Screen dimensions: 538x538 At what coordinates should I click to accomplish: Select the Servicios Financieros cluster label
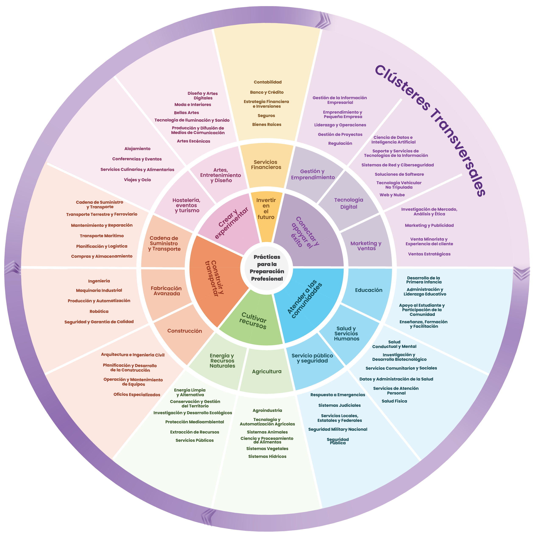click(266, 164)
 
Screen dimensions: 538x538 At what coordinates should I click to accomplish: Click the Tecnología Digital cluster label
click(349, 203)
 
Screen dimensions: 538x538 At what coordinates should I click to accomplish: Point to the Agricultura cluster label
click(266, 371)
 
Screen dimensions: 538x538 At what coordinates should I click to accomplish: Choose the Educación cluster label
click(368, 290)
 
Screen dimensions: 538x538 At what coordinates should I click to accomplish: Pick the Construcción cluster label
click(185, 331)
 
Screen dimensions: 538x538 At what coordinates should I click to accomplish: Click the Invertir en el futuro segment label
click(266, 208)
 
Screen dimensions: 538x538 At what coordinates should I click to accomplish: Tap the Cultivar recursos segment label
click(253, 321)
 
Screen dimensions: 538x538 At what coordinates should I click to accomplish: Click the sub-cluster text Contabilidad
click(268, 82)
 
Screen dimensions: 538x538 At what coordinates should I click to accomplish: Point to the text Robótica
click(99, 311)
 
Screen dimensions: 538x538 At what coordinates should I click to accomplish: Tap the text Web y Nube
click(392, 195)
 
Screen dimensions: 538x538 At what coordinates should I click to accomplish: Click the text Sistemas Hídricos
click(267, 456)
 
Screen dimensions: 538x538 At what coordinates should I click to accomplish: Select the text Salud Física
click(394, 401)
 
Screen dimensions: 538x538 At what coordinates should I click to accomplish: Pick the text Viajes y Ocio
click(137, 180)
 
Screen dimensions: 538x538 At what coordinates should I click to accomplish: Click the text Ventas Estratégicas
click(429, 254)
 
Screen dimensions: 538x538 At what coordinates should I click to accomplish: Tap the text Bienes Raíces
click(266, 124)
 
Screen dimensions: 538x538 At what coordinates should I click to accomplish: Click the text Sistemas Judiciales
click(339, 406)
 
